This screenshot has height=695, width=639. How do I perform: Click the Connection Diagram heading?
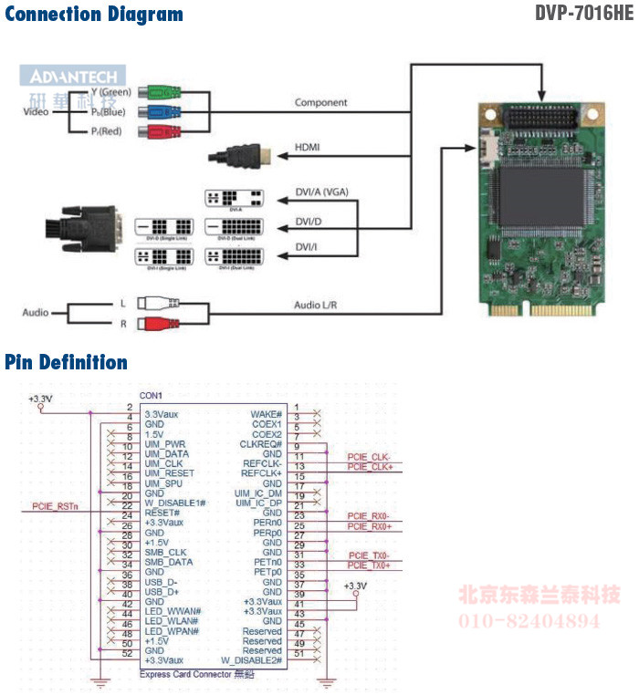(x=94, y=15)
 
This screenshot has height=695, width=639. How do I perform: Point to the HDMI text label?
(x=307, y=147)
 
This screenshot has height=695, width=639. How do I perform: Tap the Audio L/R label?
(x=316, y=305)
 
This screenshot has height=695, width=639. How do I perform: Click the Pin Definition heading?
(x=67, y=363)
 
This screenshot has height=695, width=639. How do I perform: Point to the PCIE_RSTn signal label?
(x=56, y=504)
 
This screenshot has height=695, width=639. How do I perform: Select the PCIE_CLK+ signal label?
(x=369, y=467)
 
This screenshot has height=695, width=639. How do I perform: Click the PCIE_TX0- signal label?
(x=369, y=555)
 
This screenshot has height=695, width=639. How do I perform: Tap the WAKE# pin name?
(x=266, y=414)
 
